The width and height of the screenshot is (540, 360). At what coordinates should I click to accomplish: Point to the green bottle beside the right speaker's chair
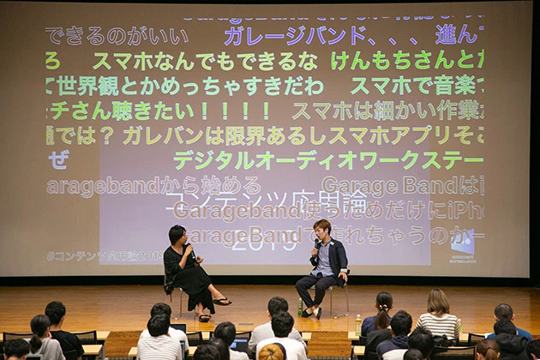point(300,305)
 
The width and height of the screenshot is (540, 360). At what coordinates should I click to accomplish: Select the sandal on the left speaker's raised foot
point(222,302)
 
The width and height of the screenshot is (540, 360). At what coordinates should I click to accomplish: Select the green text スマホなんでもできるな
point(205,62)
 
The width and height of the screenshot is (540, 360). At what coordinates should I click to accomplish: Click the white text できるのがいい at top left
point(117,36)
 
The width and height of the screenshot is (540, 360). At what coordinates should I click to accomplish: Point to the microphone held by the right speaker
point(316,246)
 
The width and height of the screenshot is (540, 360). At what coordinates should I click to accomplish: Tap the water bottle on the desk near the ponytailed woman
point(358,323)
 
